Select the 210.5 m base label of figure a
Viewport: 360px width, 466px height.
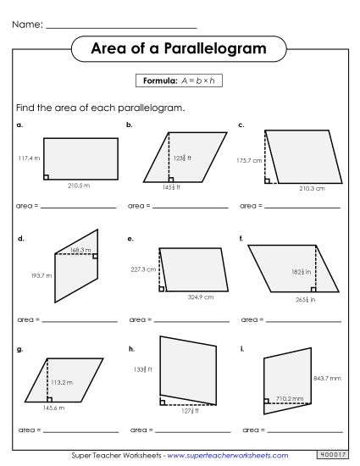point(79,186)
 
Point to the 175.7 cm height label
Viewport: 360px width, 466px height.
point(251,159)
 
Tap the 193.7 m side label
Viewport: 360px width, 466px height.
point(41,275)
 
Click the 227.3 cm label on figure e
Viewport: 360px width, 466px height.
point(143,269)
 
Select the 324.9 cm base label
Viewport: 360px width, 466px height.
point(200,297)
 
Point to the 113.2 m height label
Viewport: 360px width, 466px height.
point(62,383)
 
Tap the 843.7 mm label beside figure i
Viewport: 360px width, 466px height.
point(328,378)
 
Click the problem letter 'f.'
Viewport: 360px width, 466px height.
point(241,240)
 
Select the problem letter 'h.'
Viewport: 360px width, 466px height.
point(130,348)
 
